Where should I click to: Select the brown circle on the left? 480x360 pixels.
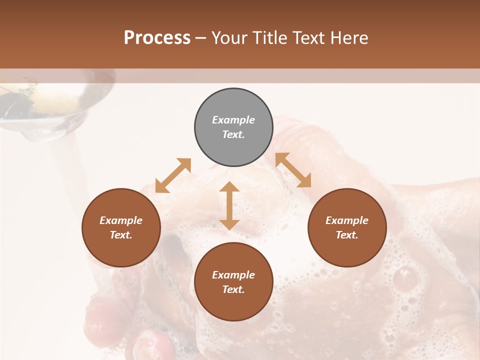pyautogui.click(x=121, y=227)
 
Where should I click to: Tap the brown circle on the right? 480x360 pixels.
pyautogui.click(x=347, y=227)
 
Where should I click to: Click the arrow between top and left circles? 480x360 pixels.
pyautogui.click(x=173, y=175)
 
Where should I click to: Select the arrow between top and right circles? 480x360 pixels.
pyautogui.click(x=293, y=170)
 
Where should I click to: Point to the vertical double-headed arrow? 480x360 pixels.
pyautogui.click(x=229, y=206)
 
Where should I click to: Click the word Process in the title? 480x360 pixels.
pyautogui.click(x=157, y=37)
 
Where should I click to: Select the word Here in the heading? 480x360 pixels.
pyautogui.click(x=350, y=37)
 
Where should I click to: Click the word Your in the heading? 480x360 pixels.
pyautogui.click(x=230, y=37)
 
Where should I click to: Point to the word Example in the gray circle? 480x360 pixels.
pyautogui.click(x=233, y=120)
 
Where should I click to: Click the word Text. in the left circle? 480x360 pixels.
pyautogui.click(x=121, y=235)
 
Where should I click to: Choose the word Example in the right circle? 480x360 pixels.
pyautogui.click(x=347, y=220)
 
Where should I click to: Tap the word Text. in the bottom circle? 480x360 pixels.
pyautogui.click(x=233, y=289)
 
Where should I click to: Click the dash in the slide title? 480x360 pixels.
pyautogui.click(x=201, y=38)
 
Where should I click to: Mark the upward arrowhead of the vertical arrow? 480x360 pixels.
pyautogui.click(x=229, y=187)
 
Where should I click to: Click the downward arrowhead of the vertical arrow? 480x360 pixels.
pyautogui.click(x=229, y=224)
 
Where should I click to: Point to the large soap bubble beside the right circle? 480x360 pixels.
pyautogui.click(x=405, y=277)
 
